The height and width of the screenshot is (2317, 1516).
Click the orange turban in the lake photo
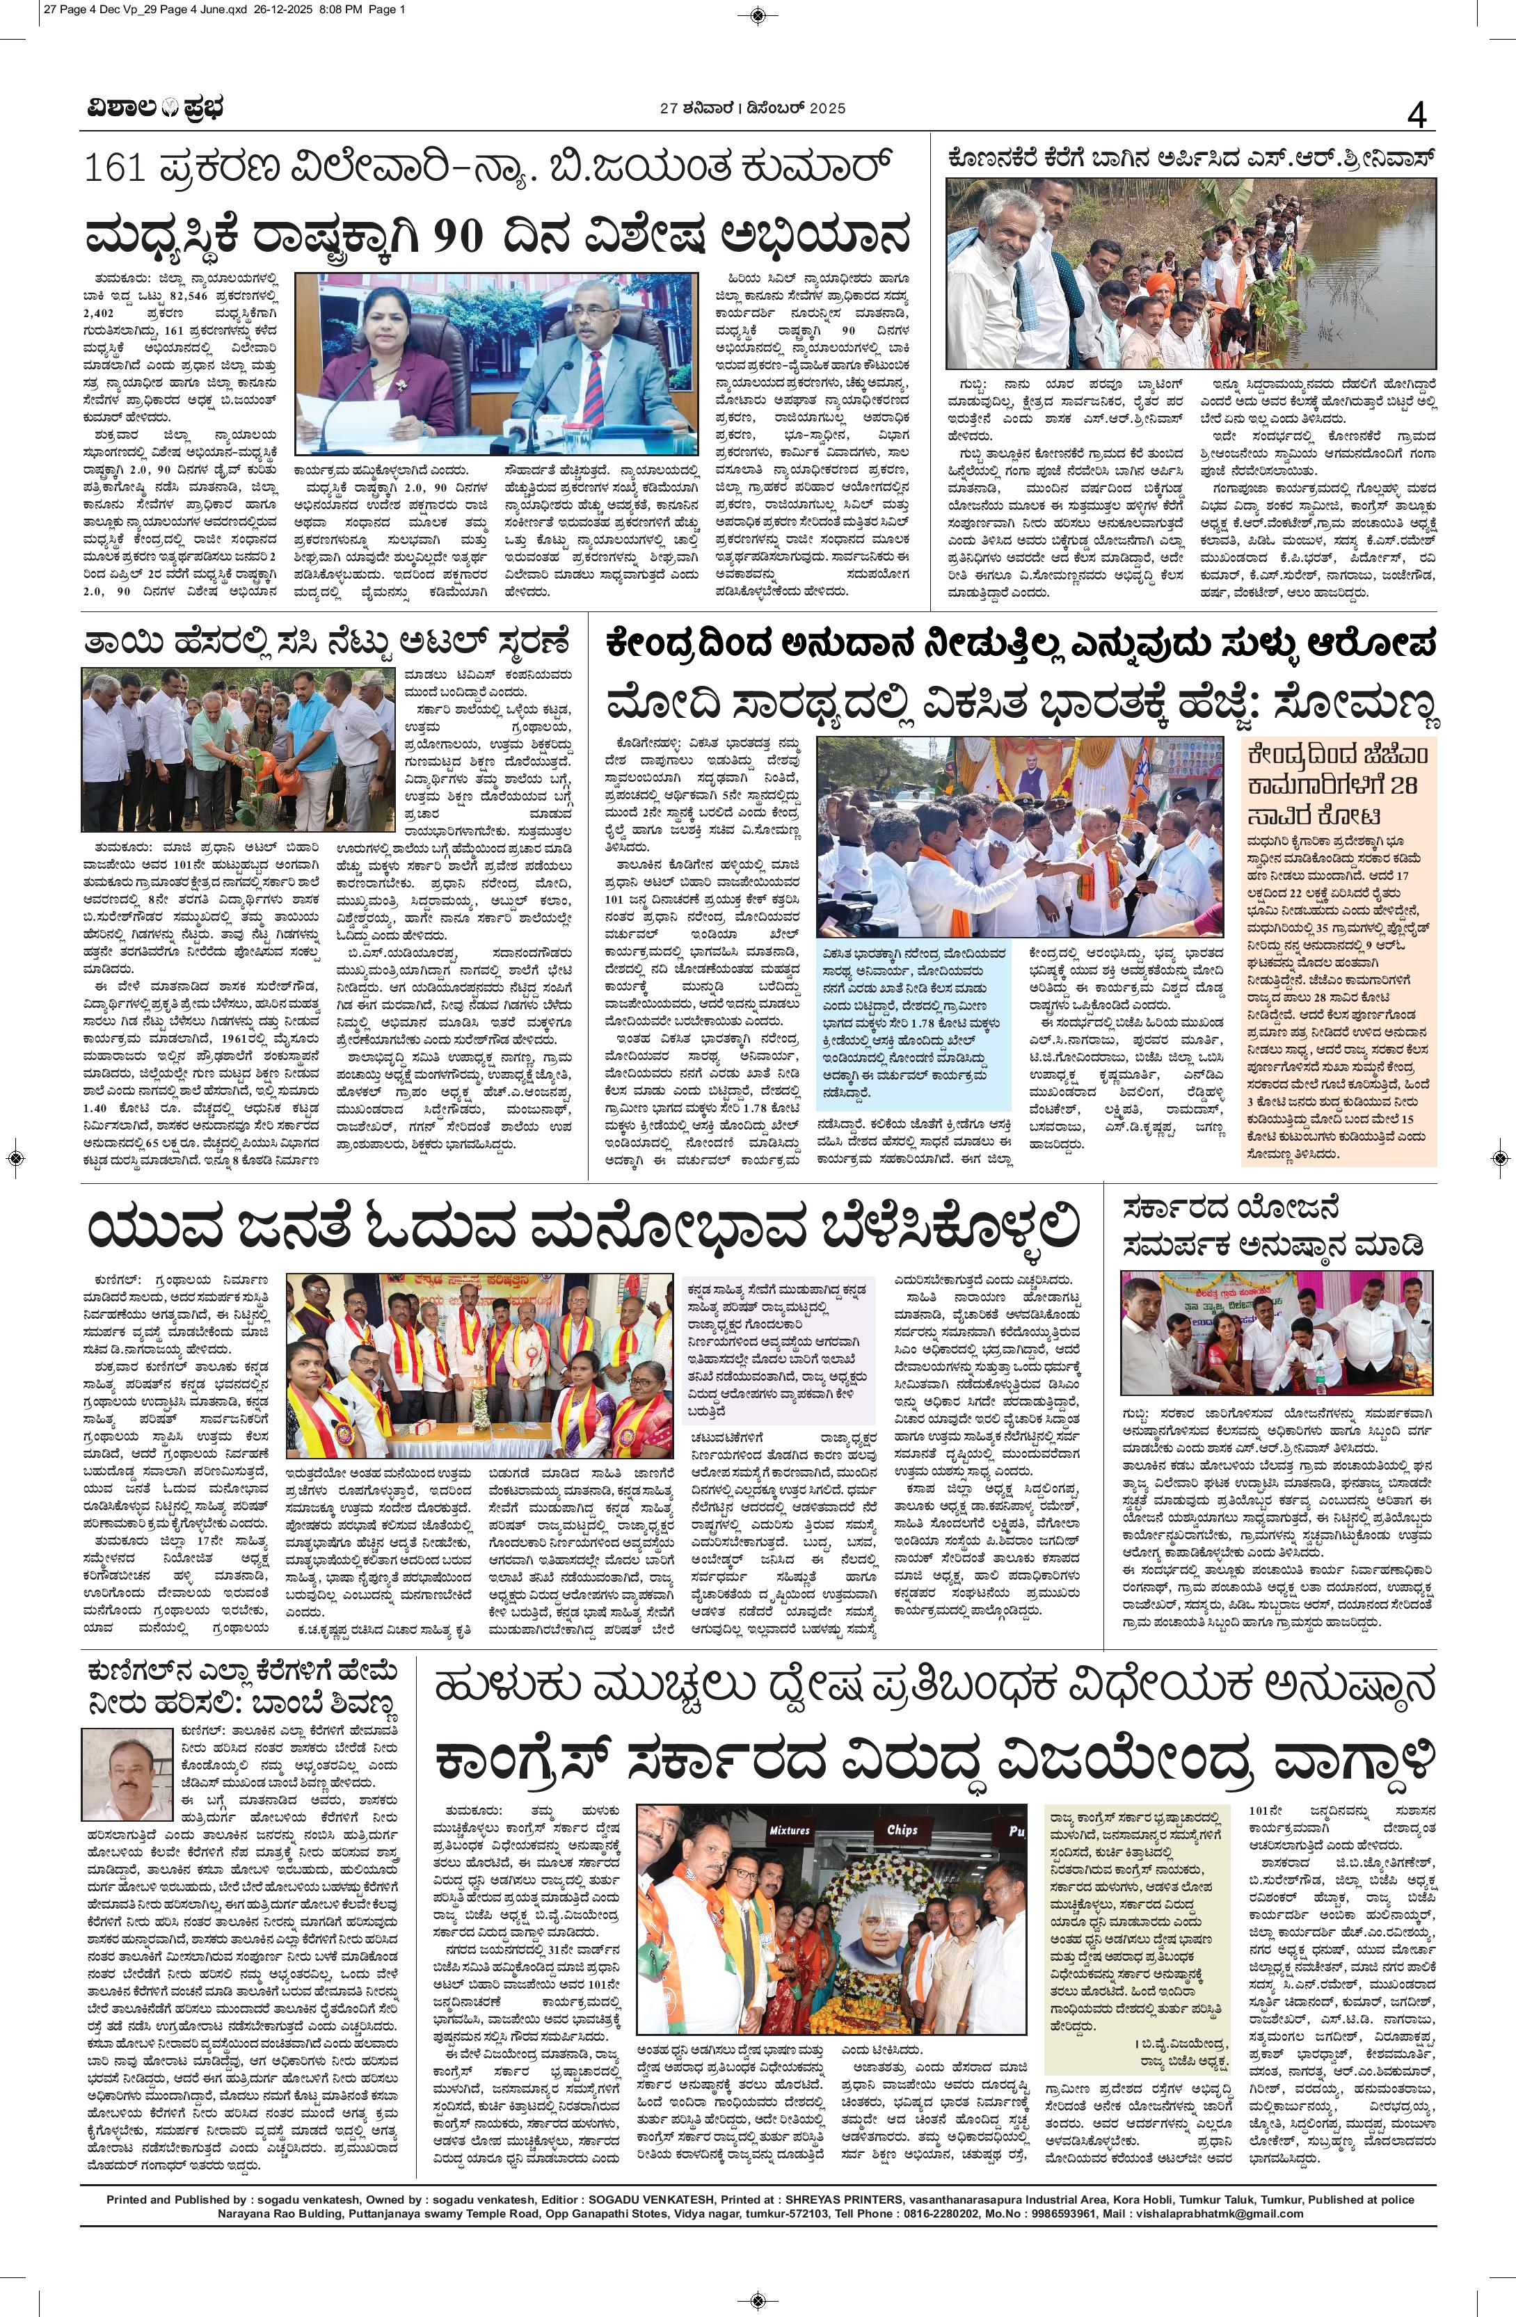coord(1158,283)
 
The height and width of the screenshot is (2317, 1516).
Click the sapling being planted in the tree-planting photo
coord(256,769)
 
